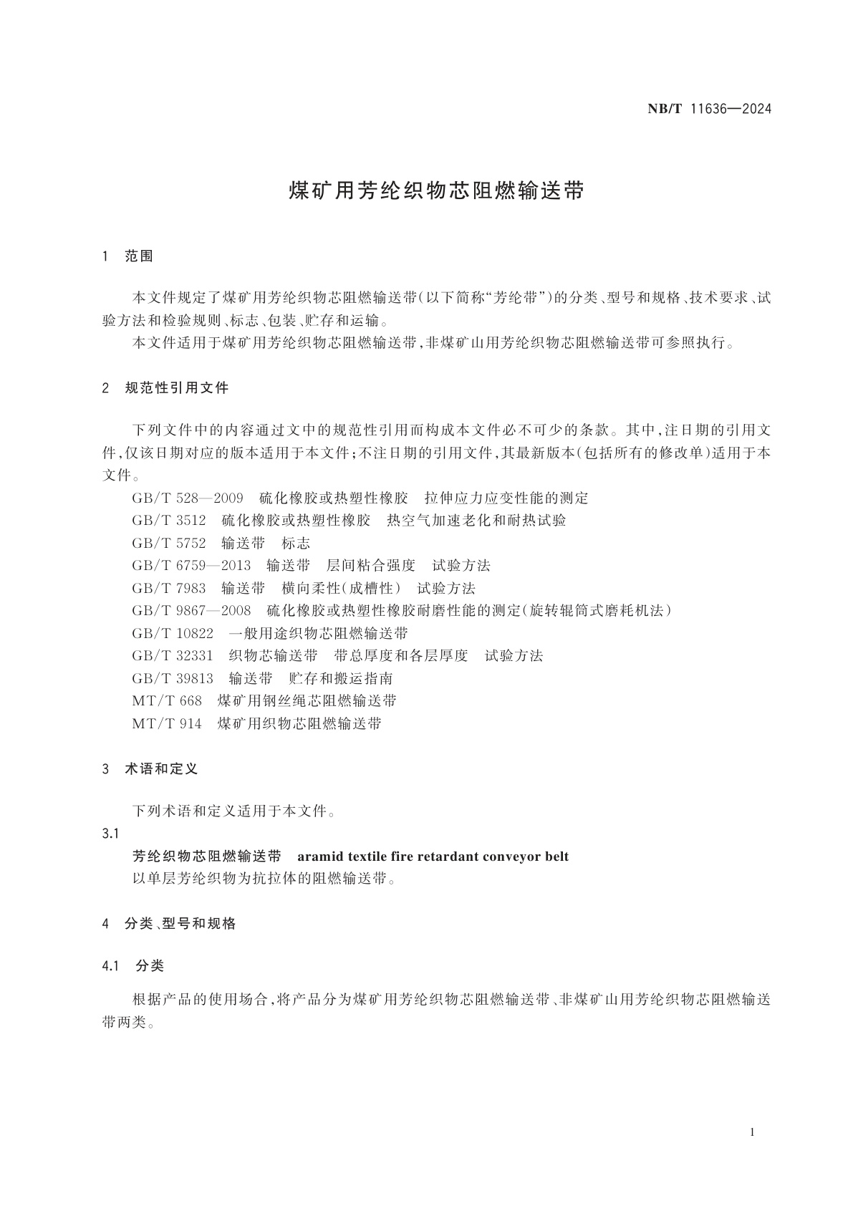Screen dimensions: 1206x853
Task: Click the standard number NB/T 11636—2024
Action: tap(709, 109)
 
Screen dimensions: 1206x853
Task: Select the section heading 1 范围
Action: tap(129, 256)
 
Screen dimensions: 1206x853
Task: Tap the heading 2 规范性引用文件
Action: tap(166, 388)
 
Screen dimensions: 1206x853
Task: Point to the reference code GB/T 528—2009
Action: tap(188, 498)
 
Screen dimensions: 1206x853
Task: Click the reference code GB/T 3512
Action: tap(169, 521)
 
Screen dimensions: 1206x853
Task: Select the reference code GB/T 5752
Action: tap(169, 543)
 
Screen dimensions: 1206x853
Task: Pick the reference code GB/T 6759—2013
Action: tap(191, 566)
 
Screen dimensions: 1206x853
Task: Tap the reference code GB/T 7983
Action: tap(169, 589)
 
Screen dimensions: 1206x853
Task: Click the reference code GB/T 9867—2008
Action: tap(191, 611)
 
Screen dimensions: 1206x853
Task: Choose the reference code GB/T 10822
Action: tap(173, 633)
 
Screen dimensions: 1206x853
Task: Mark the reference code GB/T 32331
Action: tap(173, 655)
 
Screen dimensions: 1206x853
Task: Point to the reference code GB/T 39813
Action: tap(173, 678)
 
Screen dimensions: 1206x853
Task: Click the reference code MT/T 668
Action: tap(167, 700)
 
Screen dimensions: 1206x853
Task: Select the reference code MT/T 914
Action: tap(167, 723)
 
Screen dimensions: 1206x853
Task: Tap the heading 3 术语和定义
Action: tap(150, 768)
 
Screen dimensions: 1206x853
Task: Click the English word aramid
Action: tap(319, 857)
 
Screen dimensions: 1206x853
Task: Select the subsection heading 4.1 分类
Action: tap(134, 966)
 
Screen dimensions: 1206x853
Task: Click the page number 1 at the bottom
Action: tap(752, 1132)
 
